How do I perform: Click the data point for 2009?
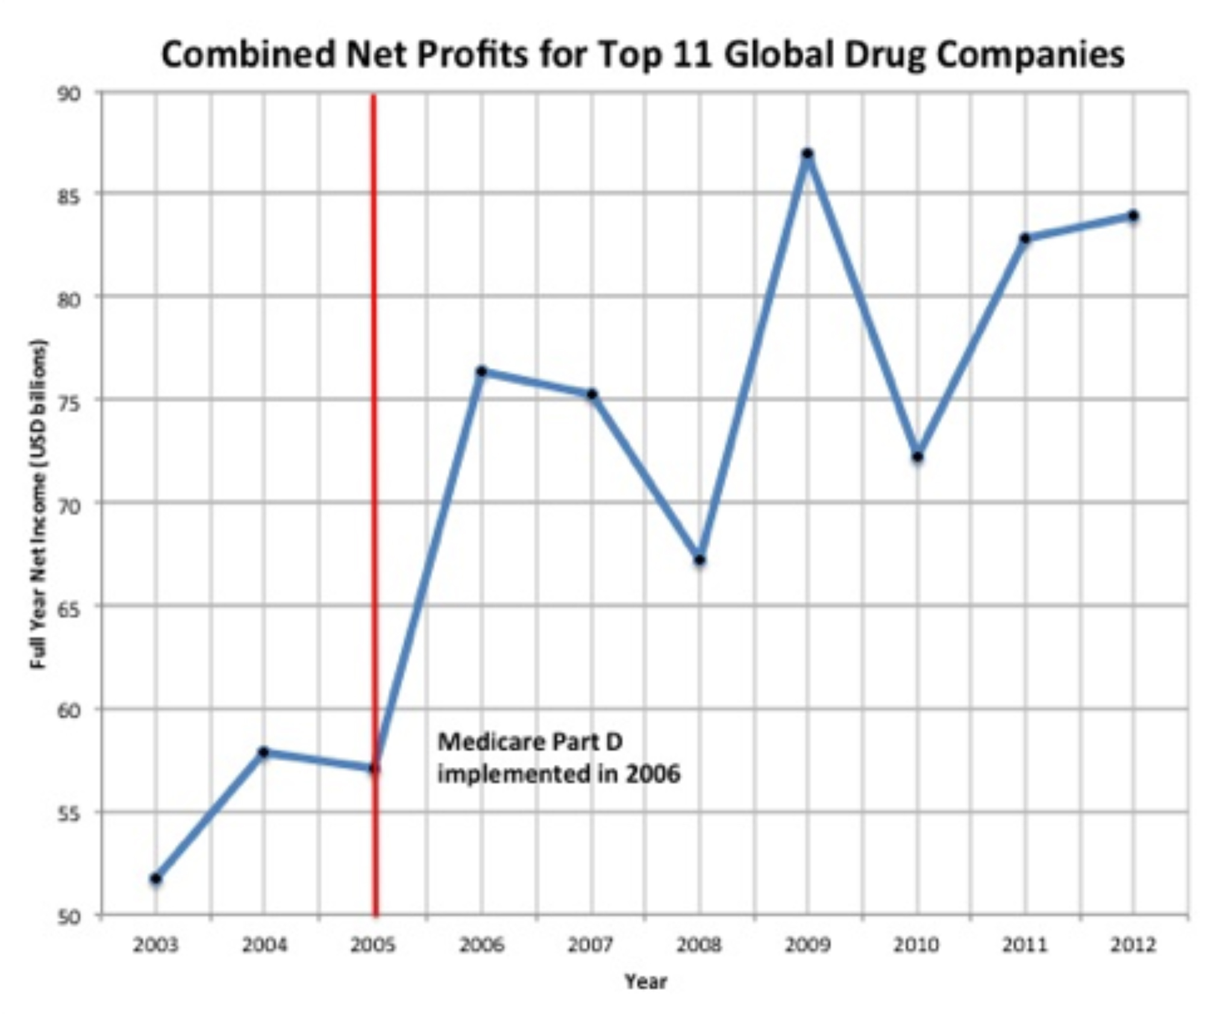pos(808,154)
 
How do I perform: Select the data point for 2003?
pos(156,879)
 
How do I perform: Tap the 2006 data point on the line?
pos(481,371)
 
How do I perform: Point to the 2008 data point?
pos(700,560)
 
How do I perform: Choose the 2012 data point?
pos(1133,216)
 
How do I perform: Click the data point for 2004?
pos(263,751)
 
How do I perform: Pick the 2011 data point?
pos(1025,238)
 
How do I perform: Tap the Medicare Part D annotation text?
pos(559,758)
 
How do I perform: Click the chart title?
pos(642,54)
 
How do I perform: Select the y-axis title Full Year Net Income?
pos(39,505)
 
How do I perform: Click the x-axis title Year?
pos(645,981)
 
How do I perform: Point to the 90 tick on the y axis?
pos(69,95)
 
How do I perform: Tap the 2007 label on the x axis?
pos(590,945)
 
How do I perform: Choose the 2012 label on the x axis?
pos(1133,945)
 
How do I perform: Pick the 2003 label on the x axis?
pos(155,945)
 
